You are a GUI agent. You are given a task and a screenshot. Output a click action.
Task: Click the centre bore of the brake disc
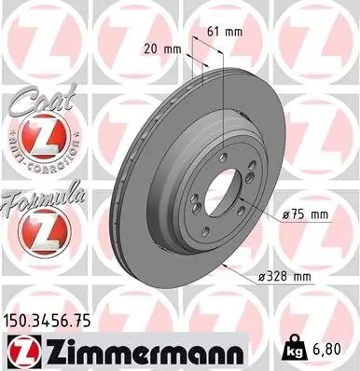tap(228, 191)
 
